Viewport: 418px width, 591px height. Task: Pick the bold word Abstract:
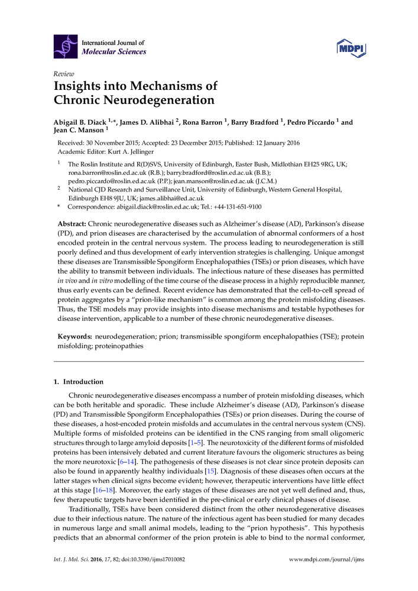pyautogui.click(x=72, y=225)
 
